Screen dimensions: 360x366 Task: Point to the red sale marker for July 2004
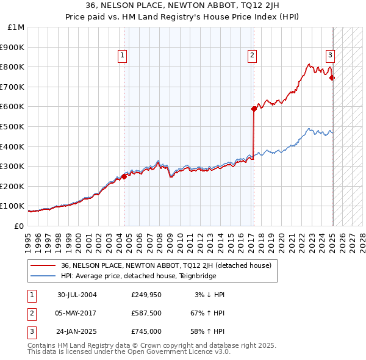pyautogui.click(x=124, y=176)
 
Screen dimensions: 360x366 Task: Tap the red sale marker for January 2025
pyautogui.click(x=332, y=77)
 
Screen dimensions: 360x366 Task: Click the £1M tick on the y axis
pyautogui.click(x=16, y=27)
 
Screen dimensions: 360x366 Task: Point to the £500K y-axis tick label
pyautogui.click(x=13, y=126)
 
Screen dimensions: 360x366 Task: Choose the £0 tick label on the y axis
pyautogui.click(x=19, y=226)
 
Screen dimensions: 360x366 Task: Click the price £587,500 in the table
pyautogui.click(x=146, y=313)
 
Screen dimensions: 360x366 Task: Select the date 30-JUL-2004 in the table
pyautogui.click(x=77, y=295)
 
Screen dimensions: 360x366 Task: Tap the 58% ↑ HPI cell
pyautogui.click(x=207, y=331)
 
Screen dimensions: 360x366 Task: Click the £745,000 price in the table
pyautogui.click(x=146, y=331)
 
